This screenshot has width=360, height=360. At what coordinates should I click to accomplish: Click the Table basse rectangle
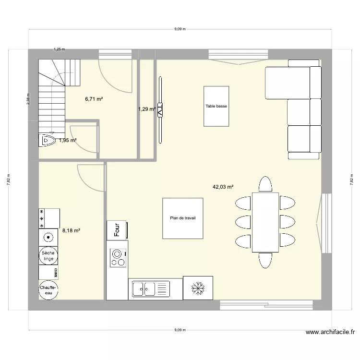(x=216, y=107)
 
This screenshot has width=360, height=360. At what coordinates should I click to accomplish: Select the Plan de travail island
(x=182, y=218)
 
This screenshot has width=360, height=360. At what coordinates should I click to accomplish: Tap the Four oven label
(x=116, y=230)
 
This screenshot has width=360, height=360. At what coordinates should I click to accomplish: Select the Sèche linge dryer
(x=48, y=256)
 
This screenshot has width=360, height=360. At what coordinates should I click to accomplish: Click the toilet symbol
(x=47, y=140)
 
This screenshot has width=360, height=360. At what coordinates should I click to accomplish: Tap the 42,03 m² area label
(x=223, y=187)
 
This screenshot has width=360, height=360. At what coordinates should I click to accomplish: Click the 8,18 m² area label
(x=71, y=230)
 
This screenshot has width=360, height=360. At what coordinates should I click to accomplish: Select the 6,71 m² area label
(x=94, y=99)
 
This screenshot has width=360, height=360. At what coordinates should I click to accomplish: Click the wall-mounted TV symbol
(x=160, y=109)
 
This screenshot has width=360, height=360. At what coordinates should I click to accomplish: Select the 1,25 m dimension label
(x=59, y=49)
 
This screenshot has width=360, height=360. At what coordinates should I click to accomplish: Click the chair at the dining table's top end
(x=265, y=184)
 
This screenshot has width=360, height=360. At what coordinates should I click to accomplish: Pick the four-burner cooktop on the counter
(x=117, y=258)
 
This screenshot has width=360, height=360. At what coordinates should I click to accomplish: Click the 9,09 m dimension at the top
(x=180, y=29)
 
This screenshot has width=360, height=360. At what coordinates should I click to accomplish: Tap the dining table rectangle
(x=265, y=221)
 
